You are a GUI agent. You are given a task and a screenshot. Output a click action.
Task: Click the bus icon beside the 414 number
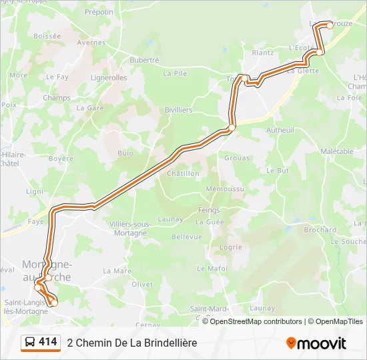pyautogui.click(x=30, y=343)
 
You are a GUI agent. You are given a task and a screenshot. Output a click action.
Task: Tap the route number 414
pyautogui.click(x=48, y=342)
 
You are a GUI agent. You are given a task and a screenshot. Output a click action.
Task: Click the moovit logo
pyautogui.click(x=316, y=343)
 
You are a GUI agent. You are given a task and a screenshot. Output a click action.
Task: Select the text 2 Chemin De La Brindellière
pyautogui.click(x=132, y=343)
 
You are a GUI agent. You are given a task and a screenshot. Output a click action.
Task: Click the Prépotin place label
pyautogui.click(x=99, y=12)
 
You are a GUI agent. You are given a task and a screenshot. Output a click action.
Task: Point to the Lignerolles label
pyautogui.click(x=109, y=78)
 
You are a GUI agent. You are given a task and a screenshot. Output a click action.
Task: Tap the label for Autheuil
pyautogui.click(x=280, y=130)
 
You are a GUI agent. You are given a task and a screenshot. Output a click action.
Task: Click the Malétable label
pyautogui.click(x=336, y=151)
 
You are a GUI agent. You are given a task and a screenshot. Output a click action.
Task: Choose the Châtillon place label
pyautogui.click(x=183, y=173)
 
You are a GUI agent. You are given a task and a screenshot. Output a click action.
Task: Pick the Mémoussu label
pyautogui.click(x=225, y=189)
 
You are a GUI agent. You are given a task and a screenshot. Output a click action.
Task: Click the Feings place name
pyautogui.click(x=209, y=210)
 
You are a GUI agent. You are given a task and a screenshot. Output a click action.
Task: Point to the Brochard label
pyautogui.click(x=320, y=230)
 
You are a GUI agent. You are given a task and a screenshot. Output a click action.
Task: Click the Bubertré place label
pyautogui.click(x=144, y=60)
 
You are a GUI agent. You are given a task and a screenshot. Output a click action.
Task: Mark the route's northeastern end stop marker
pyautogui.click(x=330, y=25)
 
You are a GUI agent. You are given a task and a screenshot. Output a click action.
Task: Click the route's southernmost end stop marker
pyautogui.click(x=55, y=303)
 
